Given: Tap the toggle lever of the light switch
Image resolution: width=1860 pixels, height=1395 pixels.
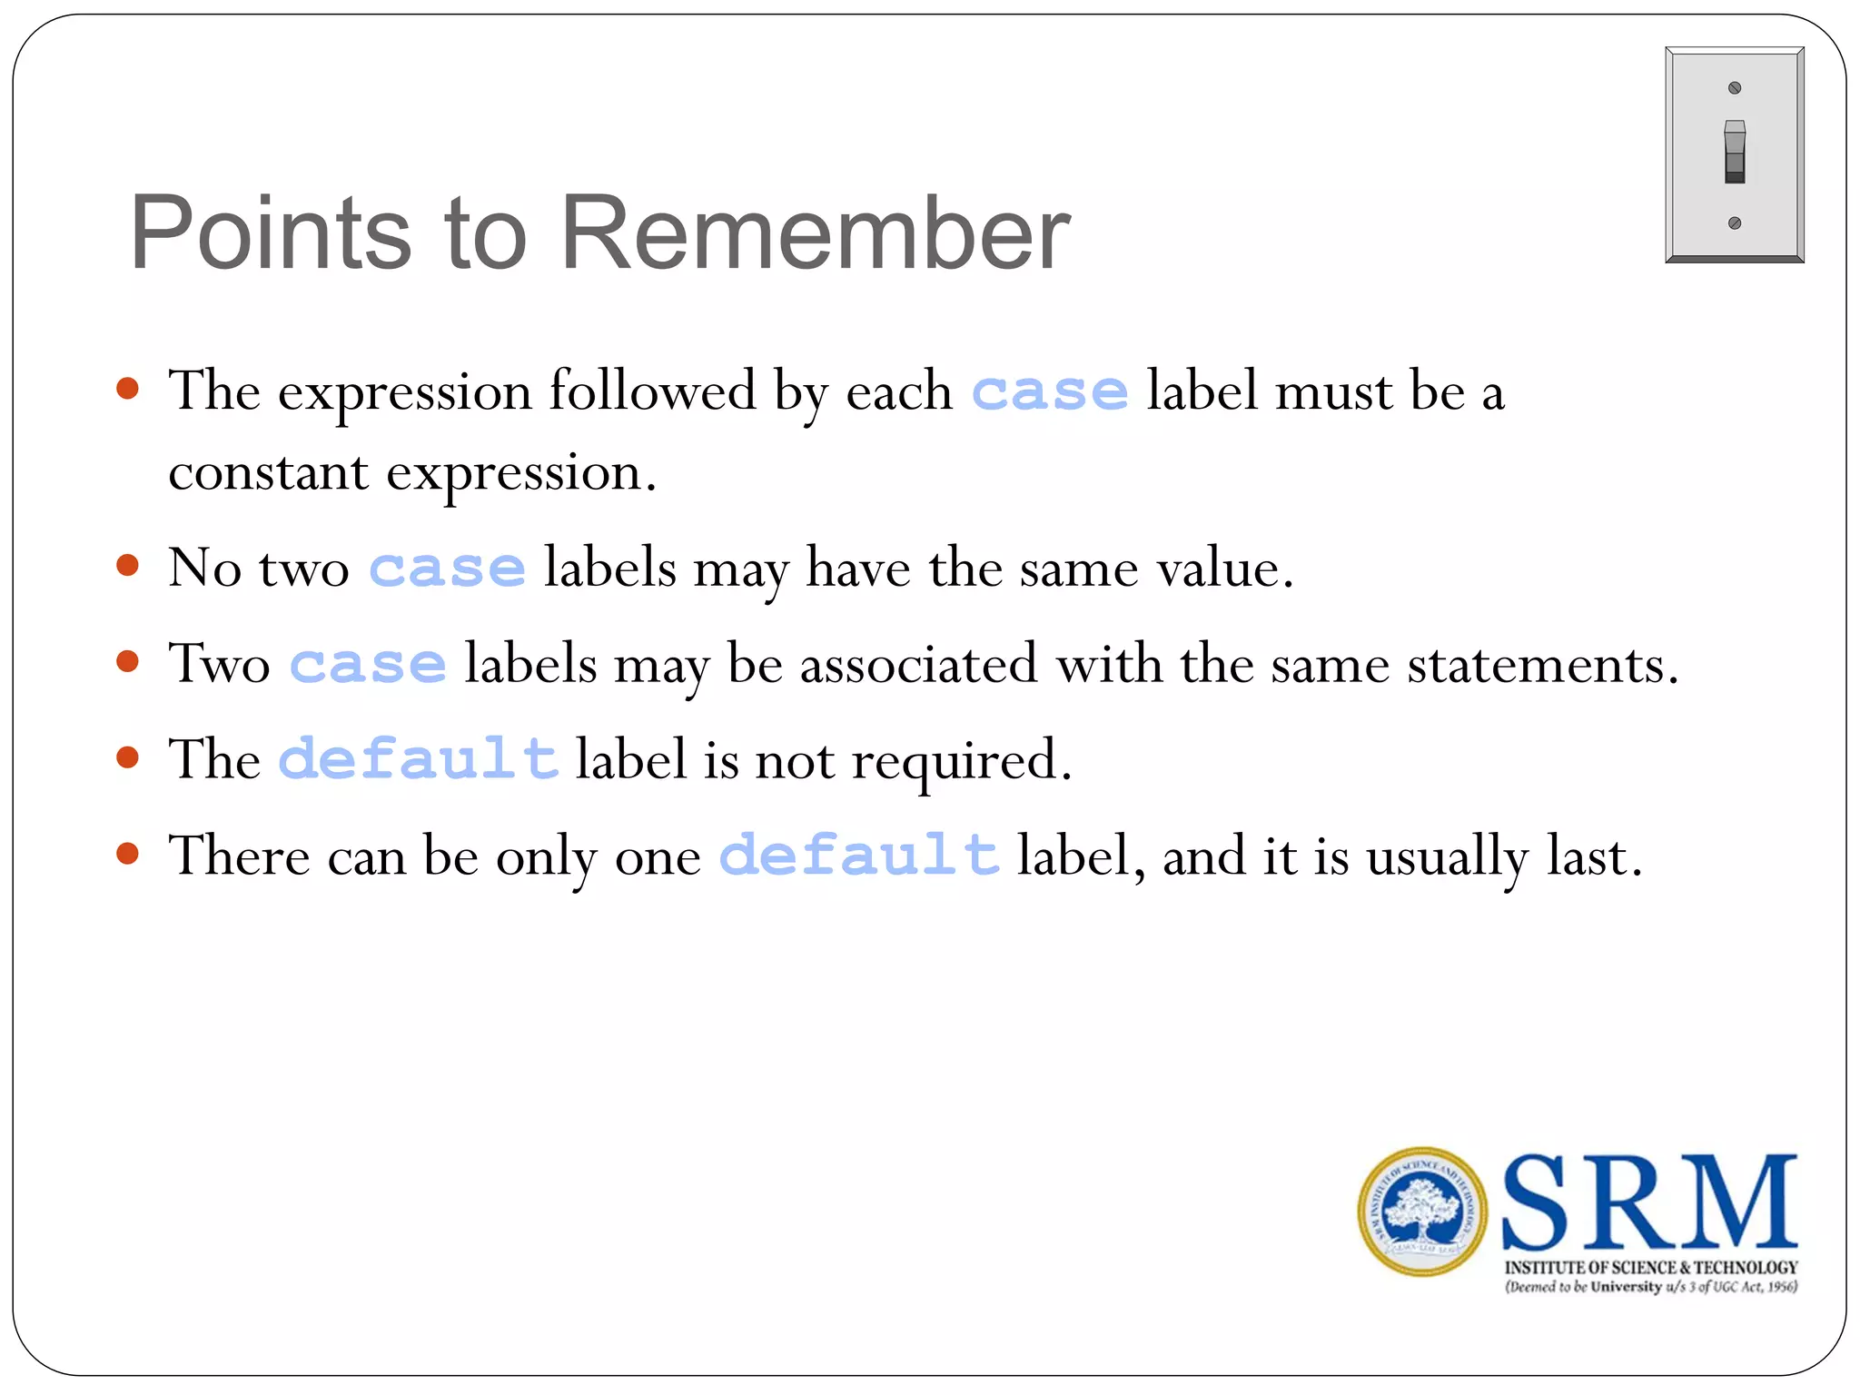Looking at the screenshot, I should [1734, 151].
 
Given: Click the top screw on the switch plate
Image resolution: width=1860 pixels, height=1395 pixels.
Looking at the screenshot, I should [1734, 88].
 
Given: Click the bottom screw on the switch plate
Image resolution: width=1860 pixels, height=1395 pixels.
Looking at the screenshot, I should [1734, 223].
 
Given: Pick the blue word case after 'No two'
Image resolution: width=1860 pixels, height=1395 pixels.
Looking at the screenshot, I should [447, 569].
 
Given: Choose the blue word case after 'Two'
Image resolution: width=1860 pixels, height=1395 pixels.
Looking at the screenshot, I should [368, 665].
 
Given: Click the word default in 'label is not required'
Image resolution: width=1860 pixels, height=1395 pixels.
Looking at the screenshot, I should [418, 759].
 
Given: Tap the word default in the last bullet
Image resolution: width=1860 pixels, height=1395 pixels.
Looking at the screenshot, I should [859, 856].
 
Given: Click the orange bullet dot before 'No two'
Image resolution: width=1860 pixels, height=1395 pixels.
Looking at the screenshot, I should [128, 566].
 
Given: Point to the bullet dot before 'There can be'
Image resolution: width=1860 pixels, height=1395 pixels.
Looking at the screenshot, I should [128, 853].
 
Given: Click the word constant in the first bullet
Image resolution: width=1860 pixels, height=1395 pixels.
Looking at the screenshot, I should [268, 473].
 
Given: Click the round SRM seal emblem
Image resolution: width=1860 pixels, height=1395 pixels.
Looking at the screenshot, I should [1422, 1212].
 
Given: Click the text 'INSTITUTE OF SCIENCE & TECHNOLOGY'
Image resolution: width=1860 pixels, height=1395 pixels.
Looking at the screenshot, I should [1650, 1267].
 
